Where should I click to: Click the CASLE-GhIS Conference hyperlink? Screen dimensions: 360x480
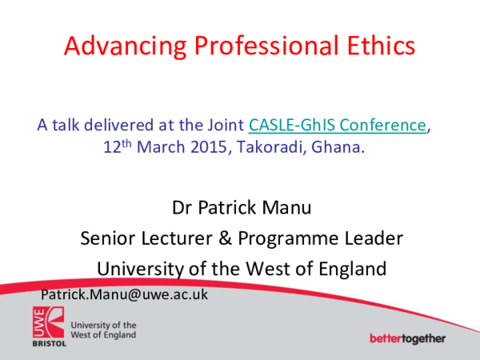pos(338,125)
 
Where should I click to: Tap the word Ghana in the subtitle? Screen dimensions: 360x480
pos(342,147)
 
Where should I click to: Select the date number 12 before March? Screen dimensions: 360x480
pos(112,147)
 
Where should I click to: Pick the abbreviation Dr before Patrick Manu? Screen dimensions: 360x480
pos(182,210)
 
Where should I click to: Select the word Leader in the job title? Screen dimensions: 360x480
pos(367,238)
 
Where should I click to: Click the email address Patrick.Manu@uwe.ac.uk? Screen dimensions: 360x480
pos(124,294)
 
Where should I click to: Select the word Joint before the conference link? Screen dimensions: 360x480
pos(226,125)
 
